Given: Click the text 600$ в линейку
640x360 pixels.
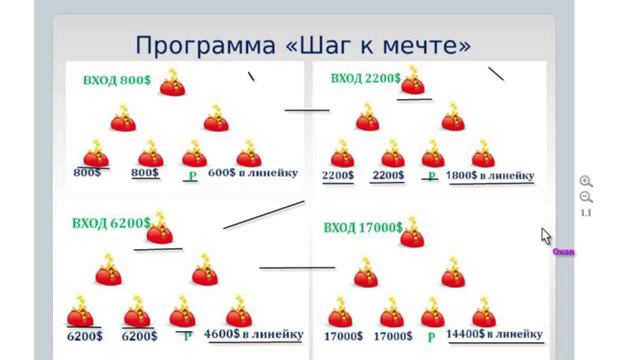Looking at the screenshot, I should click(253, 172).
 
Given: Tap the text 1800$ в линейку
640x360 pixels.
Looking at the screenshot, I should click(490, 175).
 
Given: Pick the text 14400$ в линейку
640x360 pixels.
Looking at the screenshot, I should click(494, 334).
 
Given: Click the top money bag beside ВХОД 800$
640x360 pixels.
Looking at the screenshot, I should click(173, 82).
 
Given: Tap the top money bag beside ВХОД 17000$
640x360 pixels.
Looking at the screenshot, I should click(411, 235).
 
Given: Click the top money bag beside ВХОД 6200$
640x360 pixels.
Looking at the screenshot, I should click(159, 232).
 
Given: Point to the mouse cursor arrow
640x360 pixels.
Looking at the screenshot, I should click(546, 235).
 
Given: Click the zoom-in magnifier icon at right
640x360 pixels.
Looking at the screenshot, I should click(586, 181).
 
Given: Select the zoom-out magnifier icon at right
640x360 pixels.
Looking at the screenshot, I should click(586, 197).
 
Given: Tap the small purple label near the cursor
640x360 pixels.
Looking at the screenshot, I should click(563, 252).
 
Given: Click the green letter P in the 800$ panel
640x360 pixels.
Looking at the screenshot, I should click(191, 177).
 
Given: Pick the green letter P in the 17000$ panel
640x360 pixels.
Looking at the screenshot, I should click(431, 337).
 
